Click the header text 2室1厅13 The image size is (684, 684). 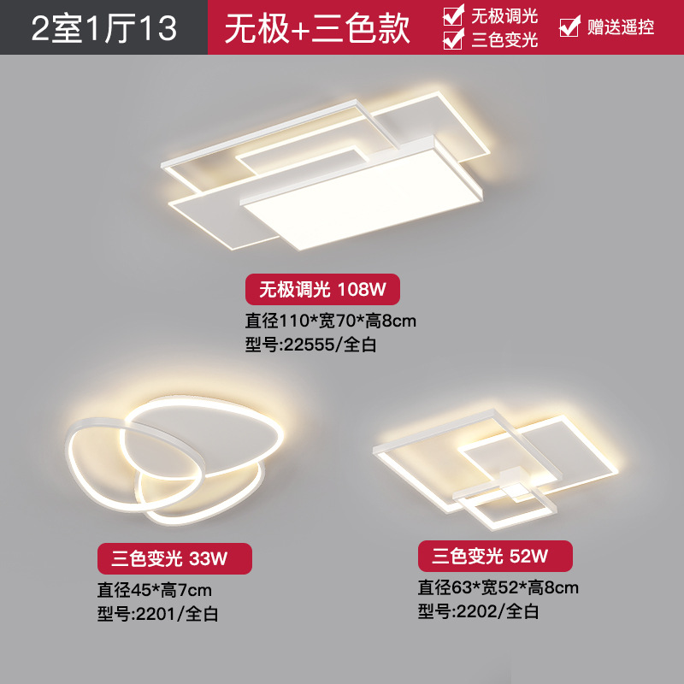[x=104, y=28]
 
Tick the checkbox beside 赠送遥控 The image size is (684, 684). [x=569, y=27]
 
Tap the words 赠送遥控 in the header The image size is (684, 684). [x=621, y=27]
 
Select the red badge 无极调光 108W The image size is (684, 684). [x=322, y=290]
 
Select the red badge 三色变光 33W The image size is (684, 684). [x=174, y=559]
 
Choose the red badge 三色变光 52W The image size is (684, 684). [x=494, y=557]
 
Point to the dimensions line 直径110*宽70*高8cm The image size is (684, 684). [x=330, y=321]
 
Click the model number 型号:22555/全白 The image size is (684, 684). [x=311, y=345]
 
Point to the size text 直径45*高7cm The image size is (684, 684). [x=155, y=589]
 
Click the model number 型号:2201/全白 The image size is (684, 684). [x=159, y=613]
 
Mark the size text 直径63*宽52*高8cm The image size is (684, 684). [x=498, y=587]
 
